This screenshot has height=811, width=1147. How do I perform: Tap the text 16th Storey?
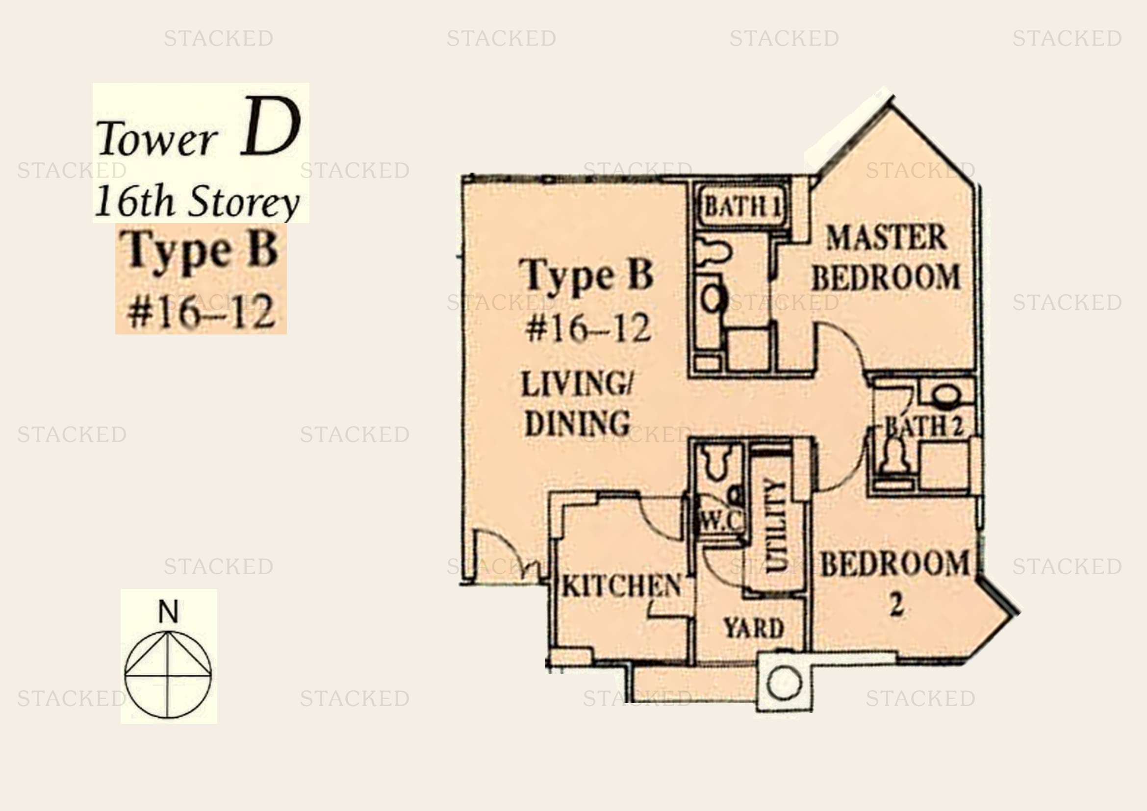coord(197,201)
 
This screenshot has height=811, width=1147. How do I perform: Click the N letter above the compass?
coord(168,611)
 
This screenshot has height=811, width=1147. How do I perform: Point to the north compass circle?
coord(168,675)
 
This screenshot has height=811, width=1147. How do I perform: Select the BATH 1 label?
coord(743,206)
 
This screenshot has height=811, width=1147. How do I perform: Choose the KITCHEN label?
coord(621,585)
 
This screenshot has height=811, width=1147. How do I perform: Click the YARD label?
coord(753,628)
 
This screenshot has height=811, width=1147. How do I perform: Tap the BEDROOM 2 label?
coord(895,583)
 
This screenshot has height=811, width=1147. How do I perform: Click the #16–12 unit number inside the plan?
coord(588,328)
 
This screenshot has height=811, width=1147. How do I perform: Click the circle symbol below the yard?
coord(784,683)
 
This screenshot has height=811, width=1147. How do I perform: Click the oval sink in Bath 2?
coord(945,395)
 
